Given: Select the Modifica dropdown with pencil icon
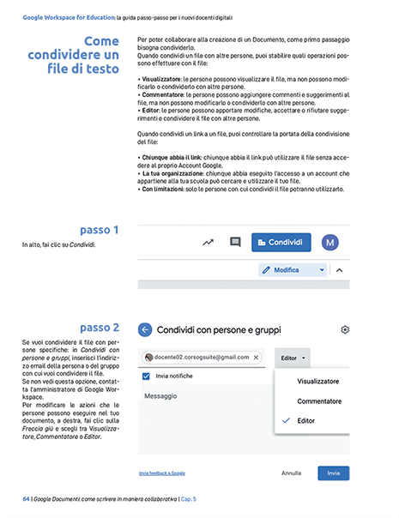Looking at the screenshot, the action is click(x=293, y=269).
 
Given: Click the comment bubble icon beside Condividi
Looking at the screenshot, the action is click(x=235, y=243).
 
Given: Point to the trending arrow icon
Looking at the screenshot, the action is click(x=208, y=243).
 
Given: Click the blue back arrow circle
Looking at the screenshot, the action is click(x=145, y=329).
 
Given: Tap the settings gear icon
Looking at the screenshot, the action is click(x=345, y=329).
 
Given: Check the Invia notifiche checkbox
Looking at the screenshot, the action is click(x=148, y=376).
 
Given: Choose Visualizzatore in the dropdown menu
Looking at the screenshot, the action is click(x=317, y=381).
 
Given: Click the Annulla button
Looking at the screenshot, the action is click(x=291, y=473).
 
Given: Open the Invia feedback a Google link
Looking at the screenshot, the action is click(x=161, y=473).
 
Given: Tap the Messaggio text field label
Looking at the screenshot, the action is click(x=160, y=396).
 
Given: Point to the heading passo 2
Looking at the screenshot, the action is click(x=106, y=328).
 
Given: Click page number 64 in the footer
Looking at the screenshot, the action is click(x=26, y=498).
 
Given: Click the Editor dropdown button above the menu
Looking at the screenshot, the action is click(x=293, y=357).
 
